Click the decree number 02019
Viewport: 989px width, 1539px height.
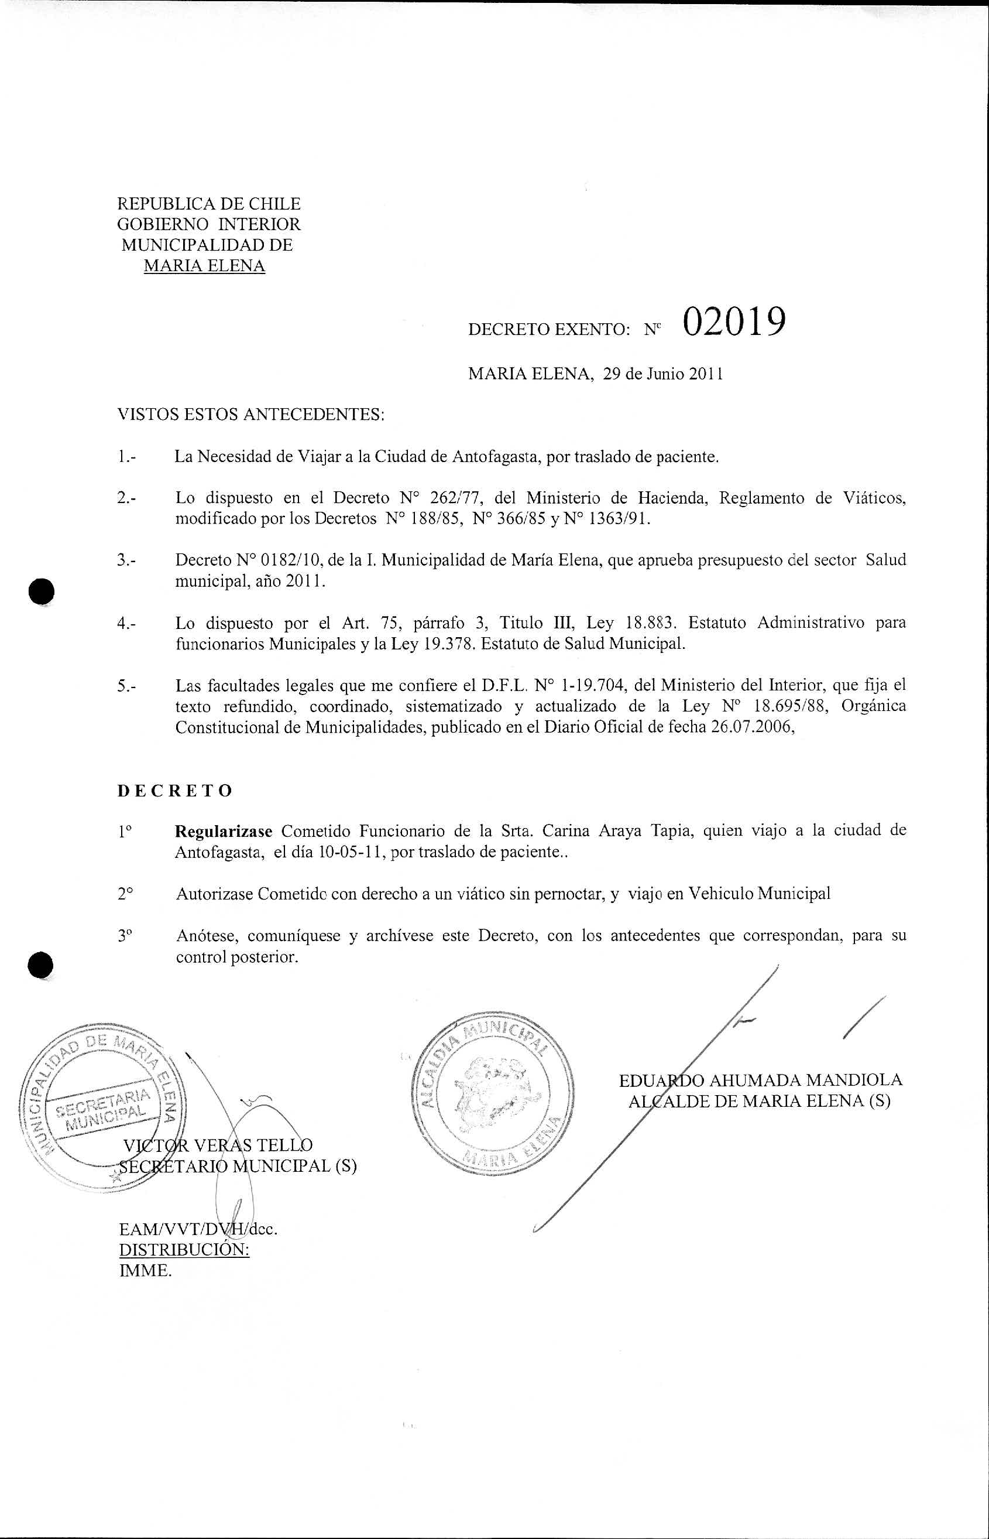tap(734, 322)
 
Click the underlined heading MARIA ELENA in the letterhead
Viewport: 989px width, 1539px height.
tap(204, 266)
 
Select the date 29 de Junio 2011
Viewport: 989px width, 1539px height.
tap(664, 374)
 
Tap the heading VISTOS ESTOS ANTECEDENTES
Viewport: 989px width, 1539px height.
tap(251, 415)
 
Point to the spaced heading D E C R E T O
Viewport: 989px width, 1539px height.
tap(174, 791)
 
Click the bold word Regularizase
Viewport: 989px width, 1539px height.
tap(224, 831)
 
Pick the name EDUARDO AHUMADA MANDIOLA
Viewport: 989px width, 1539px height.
tap(760, 1080)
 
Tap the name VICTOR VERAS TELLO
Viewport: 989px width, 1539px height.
tap(218, 1145)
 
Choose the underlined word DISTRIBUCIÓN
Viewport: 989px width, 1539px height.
tap(184, 1250)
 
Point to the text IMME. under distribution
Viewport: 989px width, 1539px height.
tap(146, 1271)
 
